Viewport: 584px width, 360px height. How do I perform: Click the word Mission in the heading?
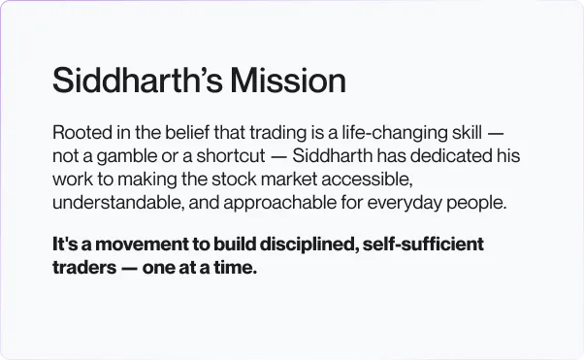pyautogui.click(x=288, y=80)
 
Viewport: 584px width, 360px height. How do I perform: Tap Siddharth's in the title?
pyautogui.click(x=138, y=80)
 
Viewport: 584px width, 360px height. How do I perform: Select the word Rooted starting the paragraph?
pyautogui.click(x=82, y=132)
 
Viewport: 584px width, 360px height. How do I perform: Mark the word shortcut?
pyautogui.click(x=231, y=156)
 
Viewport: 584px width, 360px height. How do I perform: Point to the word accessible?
pyautogui.click(x=367, y=180)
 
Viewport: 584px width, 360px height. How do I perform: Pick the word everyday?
pyautogui.click(x=405, y=204)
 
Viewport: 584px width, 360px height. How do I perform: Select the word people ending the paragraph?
pyautogui.click(x=476, y=204)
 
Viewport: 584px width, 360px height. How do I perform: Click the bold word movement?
pyautogui.click(x=142, y=245)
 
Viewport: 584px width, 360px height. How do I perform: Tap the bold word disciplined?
pyautogui.click(x=309, y=245)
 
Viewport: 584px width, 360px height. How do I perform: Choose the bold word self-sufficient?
pyautogui.click(x=423, y=245)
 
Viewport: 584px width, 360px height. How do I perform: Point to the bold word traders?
pyautogui.click(x=84, y=268)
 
